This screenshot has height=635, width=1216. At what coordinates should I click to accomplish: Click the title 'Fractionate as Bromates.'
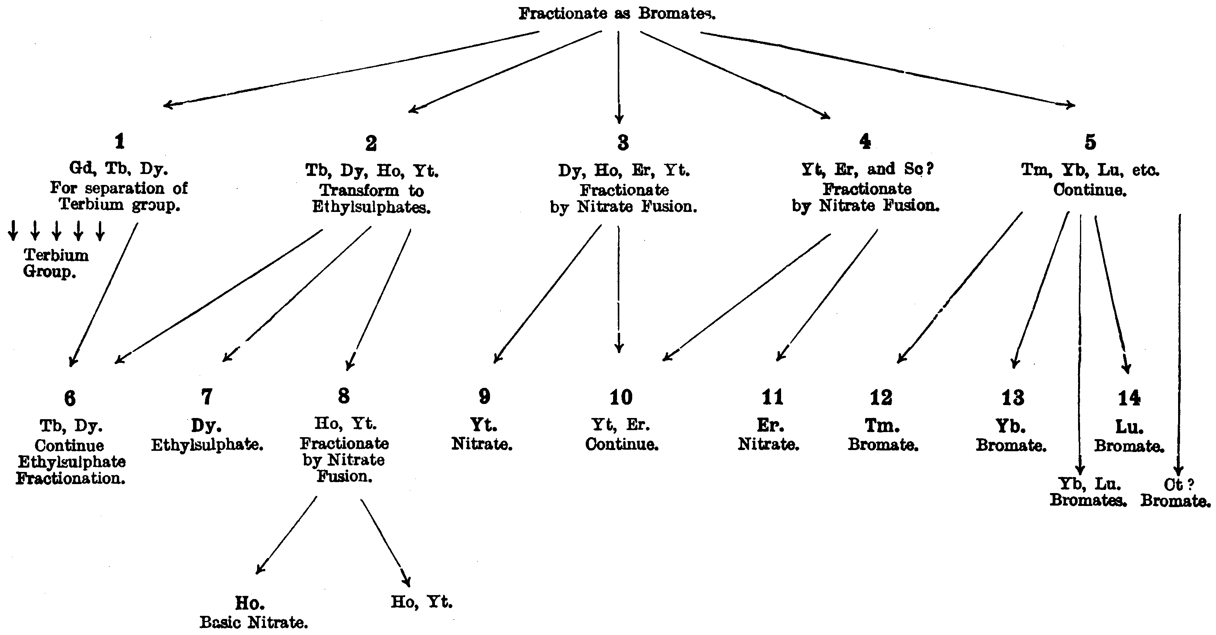click(x=617, y=13)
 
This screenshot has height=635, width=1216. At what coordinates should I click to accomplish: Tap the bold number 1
click(x=120, y=141)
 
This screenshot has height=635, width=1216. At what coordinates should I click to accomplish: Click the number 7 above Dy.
click(x=207, y=397)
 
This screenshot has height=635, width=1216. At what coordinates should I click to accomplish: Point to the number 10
click(x=621, y=397)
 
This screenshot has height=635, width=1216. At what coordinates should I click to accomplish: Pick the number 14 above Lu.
click(x=1129, y=398)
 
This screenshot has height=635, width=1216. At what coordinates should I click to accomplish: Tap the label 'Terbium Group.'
click(x=56, y=263)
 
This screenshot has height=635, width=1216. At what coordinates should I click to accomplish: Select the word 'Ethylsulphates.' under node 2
click(x=371, y=207)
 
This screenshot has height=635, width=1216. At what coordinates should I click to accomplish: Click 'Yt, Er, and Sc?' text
click(x=867, y=169)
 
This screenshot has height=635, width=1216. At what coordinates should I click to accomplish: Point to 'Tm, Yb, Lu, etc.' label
click(x=1090, y=170)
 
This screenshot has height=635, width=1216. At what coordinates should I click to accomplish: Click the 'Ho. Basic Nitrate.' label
click(x=254, y=612)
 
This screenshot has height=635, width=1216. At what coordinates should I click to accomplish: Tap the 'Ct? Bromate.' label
click(x=1175, y=492)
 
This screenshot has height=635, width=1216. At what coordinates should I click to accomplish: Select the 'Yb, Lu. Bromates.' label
click(x=1088, y=492)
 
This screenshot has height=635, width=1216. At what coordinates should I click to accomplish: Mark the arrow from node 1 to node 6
click(x=104, y=295)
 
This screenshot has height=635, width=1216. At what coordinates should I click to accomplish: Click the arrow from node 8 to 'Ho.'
click(x=286, y=535)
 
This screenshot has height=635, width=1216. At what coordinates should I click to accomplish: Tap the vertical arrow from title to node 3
click(x=619, y=75)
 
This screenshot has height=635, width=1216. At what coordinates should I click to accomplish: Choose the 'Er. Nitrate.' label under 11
click(x=769, y=435)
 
